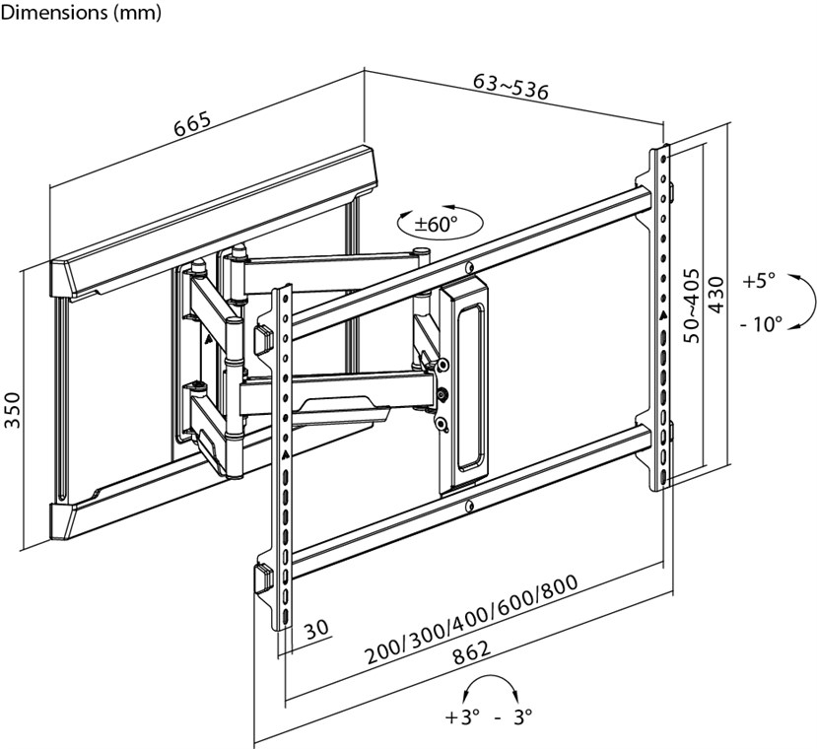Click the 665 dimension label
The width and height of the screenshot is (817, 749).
pyautogui.click(x=192, y=125)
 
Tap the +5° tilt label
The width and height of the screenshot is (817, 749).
pyautogui.click(x=760, y=280)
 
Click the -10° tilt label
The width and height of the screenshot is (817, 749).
pyautogui.click(x=759, y=322)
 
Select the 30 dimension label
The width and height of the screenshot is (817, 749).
pyautogui.click(x=315, y=628)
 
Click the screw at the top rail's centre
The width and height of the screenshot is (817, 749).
pyautogui.click(x=469, y=267)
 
